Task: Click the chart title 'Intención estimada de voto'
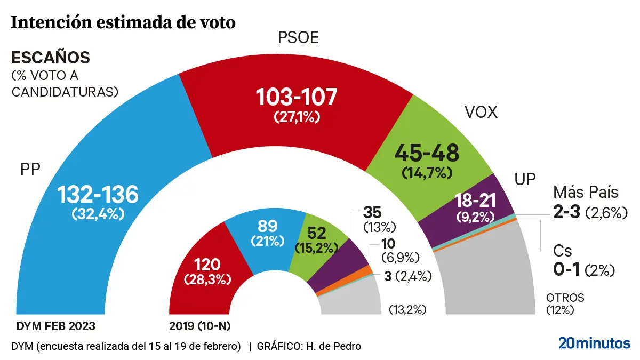[123, 23]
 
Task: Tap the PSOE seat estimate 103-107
[297, 98]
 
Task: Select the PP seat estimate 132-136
[98, 195]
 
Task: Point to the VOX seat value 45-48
[427, 154]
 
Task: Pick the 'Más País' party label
[586, 192]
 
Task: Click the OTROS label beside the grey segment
[565, 298]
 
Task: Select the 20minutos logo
[594, 343]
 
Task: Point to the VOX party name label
[481, 112]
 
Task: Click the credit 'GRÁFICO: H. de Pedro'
[309, 346]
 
